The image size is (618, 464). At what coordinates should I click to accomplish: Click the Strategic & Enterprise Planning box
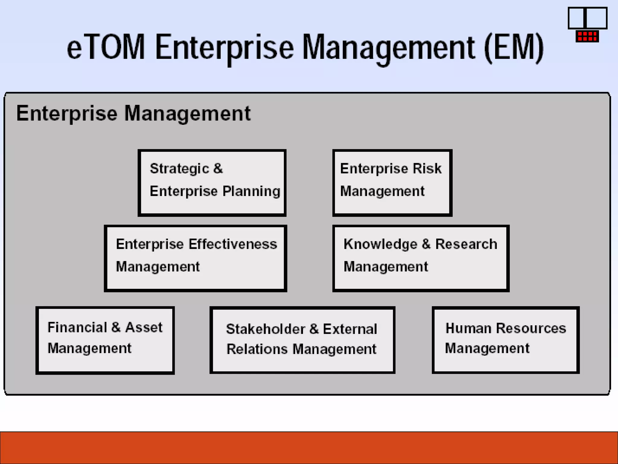coord(212,183)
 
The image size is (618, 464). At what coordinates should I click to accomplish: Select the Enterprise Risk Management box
coord(392,183)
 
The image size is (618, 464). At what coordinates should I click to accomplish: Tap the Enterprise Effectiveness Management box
coord(195,258)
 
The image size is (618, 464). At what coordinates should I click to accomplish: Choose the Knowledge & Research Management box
coord(421,258)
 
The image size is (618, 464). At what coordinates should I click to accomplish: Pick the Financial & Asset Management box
coord(105,340)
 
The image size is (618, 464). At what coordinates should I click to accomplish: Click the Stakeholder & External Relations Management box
coord(302,340)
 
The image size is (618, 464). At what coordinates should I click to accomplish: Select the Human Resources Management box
coord(505,340)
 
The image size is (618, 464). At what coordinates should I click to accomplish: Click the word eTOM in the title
coord(106,47)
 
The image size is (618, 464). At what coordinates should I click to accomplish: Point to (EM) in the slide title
coord(514,48)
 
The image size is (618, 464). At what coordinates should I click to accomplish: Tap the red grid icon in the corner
coord(587,36)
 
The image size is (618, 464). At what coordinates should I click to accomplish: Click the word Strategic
coord(179,169)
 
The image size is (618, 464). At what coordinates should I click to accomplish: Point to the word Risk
coord(427,168)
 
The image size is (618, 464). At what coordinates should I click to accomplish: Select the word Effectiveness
coord(233,244)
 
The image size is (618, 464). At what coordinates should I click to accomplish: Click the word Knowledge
coord(380,244)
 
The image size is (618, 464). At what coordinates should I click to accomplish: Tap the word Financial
coord(77,327)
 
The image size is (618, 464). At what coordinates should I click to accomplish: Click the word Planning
coord(251,192)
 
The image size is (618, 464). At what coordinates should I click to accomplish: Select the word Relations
coord(257,349)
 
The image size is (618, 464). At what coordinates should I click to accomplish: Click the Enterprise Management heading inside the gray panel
coord(133,113)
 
